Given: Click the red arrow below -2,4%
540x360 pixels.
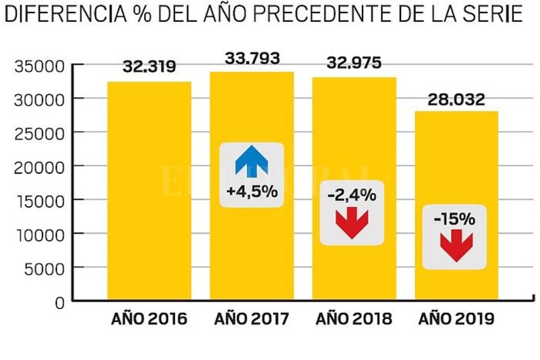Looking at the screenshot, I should coord(352,222).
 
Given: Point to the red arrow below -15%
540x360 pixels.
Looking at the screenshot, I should coord(456,245).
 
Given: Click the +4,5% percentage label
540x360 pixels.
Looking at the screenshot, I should coord(251,192).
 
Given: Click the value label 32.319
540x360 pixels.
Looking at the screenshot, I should coord(149,66).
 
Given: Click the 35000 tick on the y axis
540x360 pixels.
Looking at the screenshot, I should coord(38,65).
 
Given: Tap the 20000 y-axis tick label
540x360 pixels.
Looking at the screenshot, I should coord(38,167).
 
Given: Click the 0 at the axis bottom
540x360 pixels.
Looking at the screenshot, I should coord(60,303).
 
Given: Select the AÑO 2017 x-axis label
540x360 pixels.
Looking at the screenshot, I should coord(252,320).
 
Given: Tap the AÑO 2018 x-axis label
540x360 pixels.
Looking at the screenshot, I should coord(354,320).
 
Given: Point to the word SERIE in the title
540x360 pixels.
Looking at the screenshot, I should coord(491,14).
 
